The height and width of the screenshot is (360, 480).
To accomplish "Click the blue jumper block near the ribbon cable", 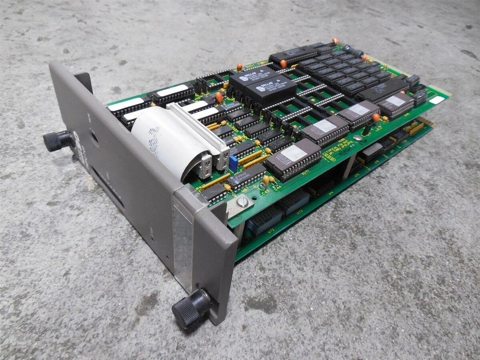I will click(233, 163).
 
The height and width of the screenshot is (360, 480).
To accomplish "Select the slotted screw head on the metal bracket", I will click(242, 204).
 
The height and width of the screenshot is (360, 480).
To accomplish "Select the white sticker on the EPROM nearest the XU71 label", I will click(293, 153).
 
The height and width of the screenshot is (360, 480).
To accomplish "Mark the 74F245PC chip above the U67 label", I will click(247, 176).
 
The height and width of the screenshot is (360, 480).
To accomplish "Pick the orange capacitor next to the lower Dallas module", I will click(219, 97).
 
